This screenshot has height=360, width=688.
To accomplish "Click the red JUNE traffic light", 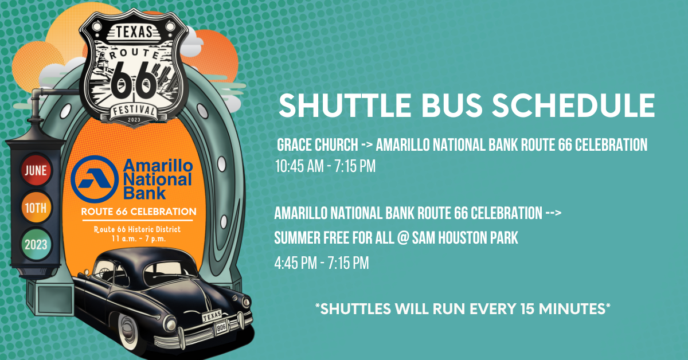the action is point(36,170).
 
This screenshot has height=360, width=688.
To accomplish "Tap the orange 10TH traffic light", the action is point(36,208).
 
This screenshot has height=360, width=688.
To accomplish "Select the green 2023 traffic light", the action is point(36,245).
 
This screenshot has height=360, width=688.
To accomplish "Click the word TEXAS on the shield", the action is point(134,32).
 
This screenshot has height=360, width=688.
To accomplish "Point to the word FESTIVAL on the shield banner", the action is point(134,109).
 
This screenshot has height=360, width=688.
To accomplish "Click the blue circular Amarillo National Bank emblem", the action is point(95,179).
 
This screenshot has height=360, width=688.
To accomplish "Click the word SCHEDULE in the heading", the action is point(574,105).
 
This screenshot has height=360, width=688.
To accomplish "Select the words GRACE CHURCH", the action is point(318,144).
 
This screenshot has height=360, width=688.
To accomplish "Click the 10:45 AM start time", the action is point(299,166).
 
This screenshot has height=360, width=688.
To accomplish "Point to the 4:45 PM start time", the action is point(295,263).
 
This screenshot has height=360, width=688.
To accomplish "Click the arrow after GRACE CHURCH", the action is point(367,144).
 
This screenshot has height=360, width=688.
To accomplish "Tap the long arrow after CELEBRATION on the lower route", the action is point(553,213).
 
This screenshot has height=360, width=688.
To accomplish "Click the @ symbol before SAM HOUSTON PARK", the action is point(402,238).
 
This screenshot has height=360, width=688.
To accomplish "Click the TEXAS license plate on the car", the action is point(212,315).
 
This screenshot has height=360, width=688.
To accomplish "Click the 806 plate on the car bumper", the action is point(221,327).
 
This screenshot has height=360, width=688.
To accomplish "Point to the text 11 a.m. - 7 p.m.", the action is point(139,238).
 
